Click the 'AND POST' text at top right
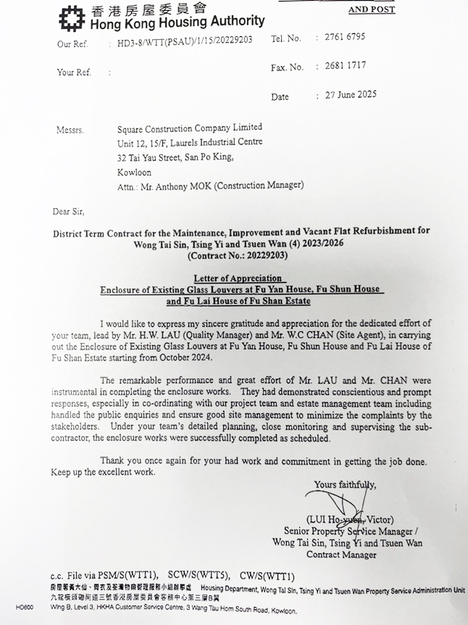372,9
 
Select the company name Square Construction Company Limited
190,128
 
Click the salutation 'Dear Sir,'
68,212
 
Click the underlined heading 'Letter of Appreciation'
239,278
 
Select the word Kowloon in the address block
135,173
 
